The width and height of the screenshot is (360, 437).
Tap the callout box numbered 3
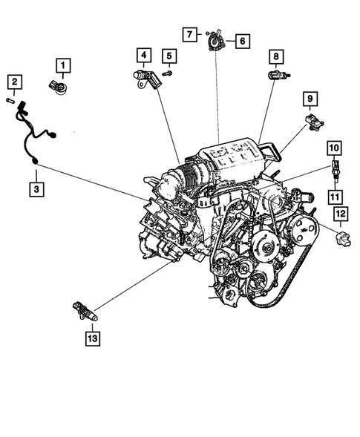pyautogui.click(x=36, y=189)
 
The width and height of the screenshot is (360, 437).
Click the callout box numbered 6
pyautogui.click(x=242, y=42)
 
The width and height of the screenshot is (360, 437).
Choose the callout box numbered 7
pyautogui.click(x=191, y=34)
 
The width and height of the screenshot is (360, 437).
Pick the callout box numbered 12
pyautogui.click(x=341, y=216)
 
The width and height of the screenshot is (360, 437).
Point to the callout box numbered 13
pyautogui.click(x=91, y=338)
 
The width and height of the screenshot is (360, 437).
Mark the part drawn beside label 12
pyautogui.click(x=342, y=240)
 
